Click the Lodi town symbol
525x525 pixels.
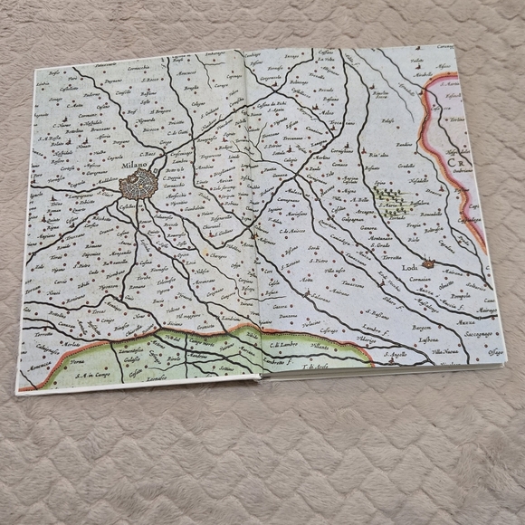click(x=429, y=263)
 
